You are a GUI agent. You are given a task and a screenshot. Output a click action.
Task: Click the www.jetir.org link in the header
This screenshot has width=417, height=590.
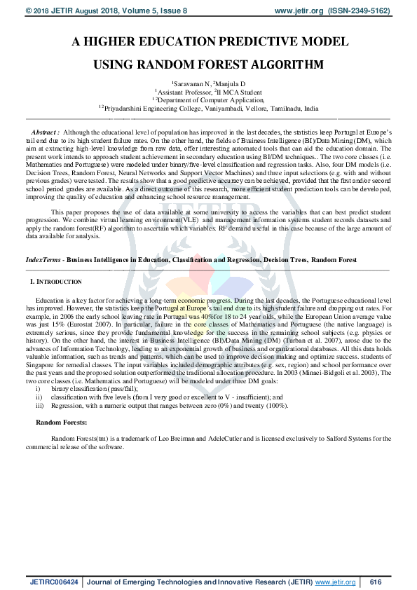[x=299, y=11]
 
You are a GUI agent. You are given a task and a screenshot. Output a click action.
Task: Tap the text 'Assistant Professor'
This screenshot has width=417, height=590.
[x=186, y=92]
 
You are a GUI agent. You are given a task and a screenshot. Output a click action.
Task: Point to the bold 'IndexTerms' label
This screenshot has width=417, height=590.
[x=41, y=259]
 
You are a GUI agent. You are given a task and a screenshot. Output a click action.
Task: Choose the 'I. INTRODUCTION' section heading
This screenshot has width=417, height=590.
[x=57, y=281]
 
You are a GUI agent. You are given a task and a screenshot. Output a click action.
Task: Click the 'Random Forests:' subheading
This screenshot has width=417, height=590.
[x=62, y=423]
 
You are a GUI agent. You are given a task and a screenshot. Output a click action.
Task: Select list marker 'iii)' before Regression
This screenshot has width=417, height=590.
[x=39, y=406]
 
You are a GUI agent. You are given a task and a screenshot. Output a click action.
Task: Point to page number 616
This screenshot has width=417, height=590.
[x=375, y=582]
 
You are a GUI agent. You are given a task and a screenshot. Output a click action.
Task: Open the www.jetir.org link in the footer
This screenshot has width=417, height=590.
[x=336, y=582]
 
